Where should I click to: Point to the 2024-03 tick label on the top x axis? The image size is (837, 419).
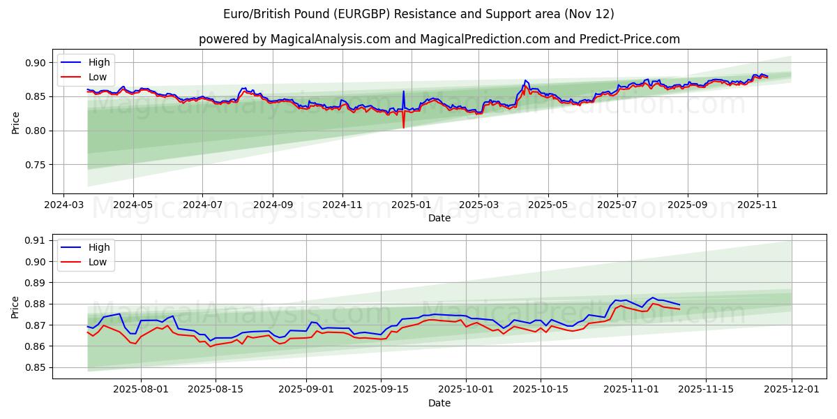64,205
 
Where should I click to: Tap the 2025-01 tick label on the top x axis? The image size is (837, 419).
411,205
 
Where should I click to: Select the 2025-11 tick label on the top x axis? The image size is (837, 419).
757,205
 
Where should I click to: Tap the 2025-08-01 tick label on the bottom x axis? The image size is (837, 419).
142,390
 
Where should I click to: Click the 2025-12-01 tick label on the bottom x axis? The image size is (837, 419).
792,390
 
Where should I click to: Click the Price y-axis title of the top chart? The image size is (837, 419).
15,122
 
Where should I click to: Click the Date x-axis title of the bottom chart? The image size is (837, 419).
439,403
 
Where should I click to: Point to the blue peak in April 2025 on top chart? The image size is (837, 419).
525,80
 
